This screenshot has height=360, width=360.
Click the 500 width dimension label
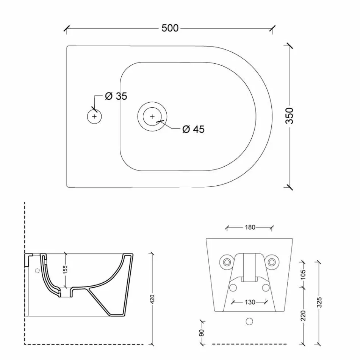coord(170,28)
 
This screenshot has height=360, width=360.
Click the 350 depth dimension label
coord(290,116)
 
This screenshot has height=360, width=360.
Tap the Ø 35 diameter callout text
coord(116,96)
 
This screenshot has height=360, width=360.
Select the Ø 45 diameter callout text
coord(193,130)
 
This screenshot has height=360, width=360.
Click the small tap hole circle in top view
coord(94,116)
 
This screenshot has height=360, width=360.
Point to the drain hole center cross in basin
coord(152,116)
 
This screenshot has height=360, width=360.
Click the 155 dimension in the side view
coord(65,269)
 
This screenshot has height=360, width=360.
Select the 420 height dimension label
coord(152,299)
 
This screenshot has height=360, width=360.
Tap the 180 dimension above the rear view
coord(250,227)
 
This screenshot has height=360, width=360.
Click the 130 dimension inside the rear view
coord(249,302)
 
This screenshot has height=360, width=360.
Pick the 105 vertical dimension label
coord(303,274)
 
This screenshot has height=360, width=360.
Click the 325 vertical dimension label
coord(319,302)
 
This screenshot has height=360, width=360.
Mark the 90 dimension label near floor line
coord(202,333)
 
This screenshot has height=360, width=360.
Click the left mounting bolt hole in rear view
coord(227,261)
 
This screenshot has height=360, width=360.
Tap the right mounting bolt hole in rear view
coord(272,261)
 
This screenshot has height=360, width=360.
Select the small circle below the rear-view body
coord(249,321)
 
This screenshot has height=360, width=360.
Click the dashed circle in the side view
coord(37,271)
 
